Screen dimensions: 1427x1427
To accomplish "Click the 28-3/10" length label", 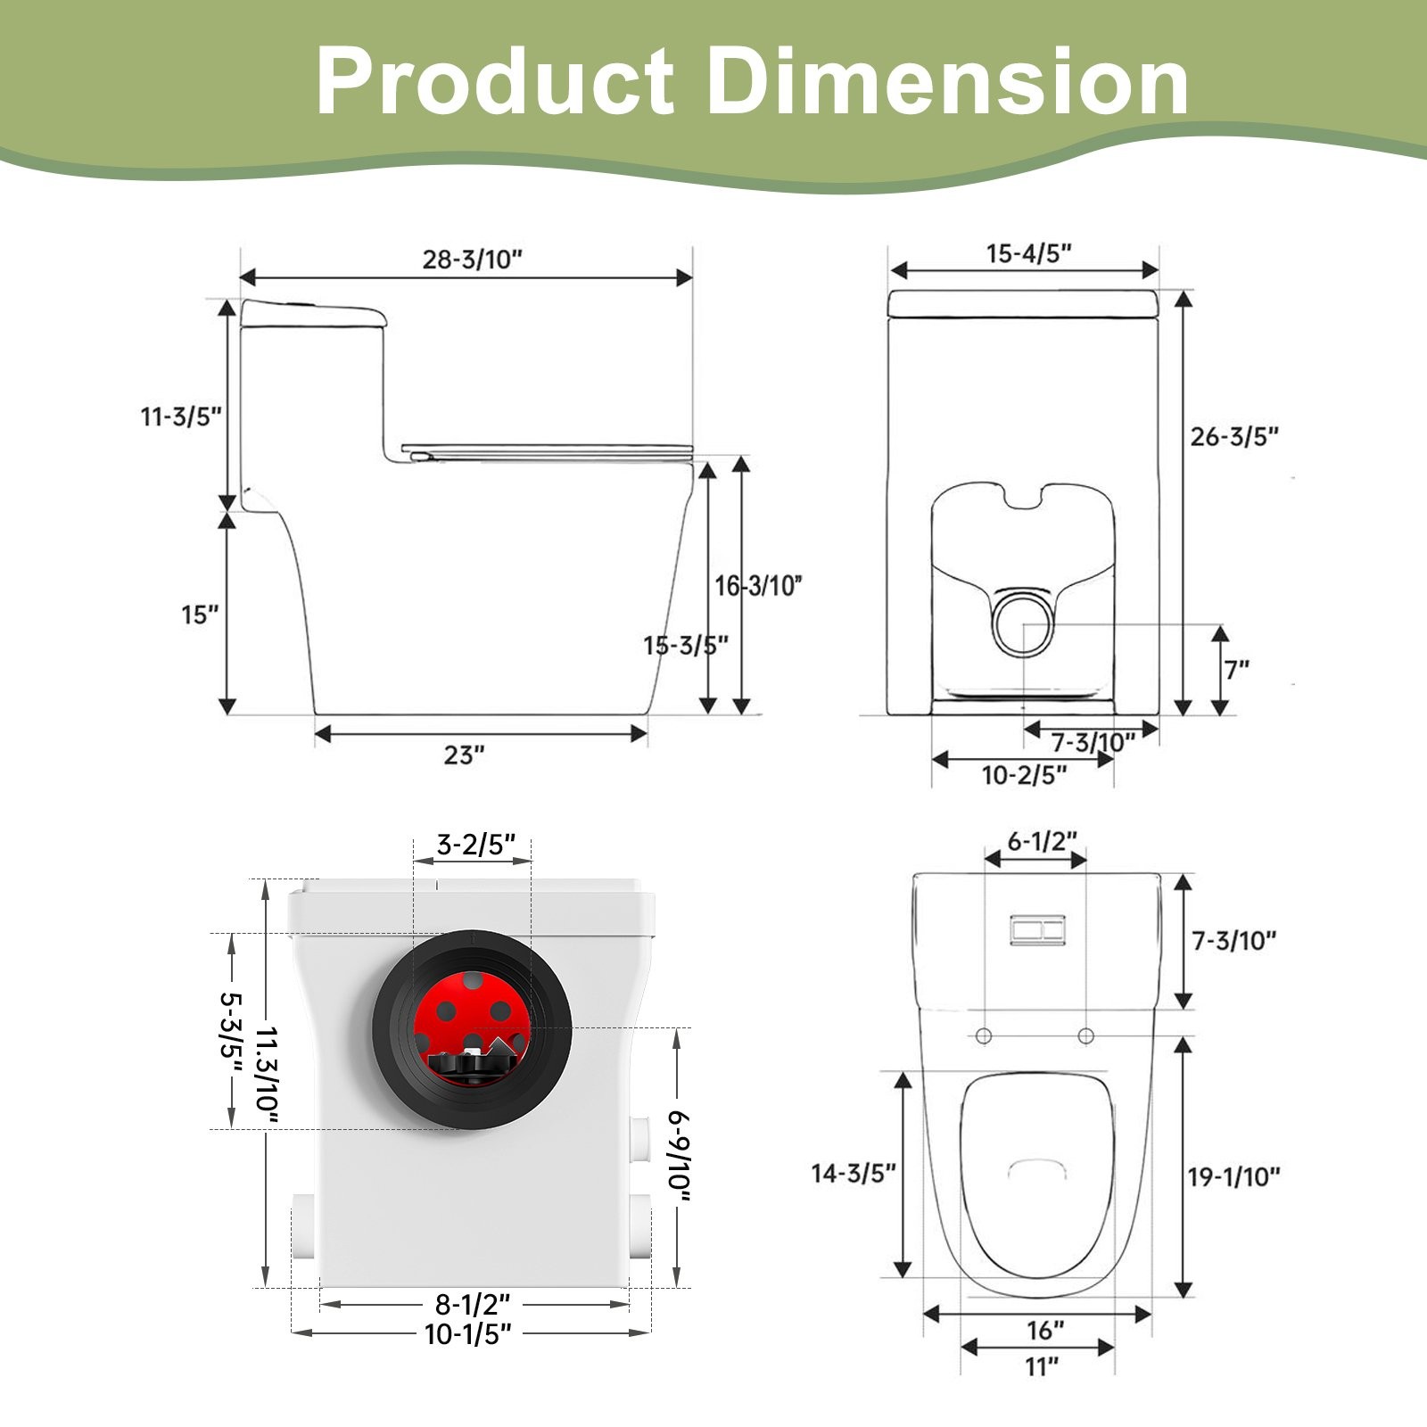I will (x=472, y=260).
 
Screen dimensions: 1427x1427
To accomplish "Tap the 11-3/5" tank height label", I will (x=180, y=417).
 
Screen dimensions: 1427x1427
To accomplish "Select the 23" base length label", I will (x=464, y=755).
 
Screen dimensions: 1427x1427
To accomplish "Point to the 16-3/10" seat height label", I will (x=759, y=586).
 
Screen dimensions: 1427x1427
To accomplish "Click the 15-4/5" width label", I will (x=1028, y=253).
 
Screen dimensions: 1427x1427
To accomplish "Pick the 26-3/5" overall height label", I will (x=1234, y=437).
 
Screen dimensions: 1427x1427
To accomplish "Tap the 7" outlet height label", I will (x=1236, y=669).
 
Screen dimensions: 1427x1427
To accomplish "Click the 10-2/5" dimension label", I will (x=1024, y=775).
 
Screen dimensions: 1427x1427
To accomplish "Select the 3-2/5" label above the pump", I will (x=476, y=844).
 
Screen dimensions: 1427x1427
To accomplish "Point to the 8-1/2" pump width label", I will (x=472, y=1305).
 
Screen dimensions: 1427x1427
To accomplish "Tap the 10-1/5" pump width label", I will (x=468, y=1335).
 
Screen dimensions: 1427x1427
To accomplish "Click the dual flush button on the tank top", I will (x=1036, y=930).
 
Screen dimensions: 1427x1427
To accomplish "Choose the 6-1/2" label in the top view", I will (x=1042, y=841).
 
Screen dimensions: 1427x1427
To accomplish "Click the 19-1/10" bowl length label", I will (x=1233, y=1177).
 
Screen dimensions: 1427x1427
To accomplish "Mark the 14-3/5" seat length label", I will (x=853, y=1174).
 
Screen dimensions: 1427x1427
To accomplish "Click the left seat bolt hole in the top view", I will (x=984, y=1035).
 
